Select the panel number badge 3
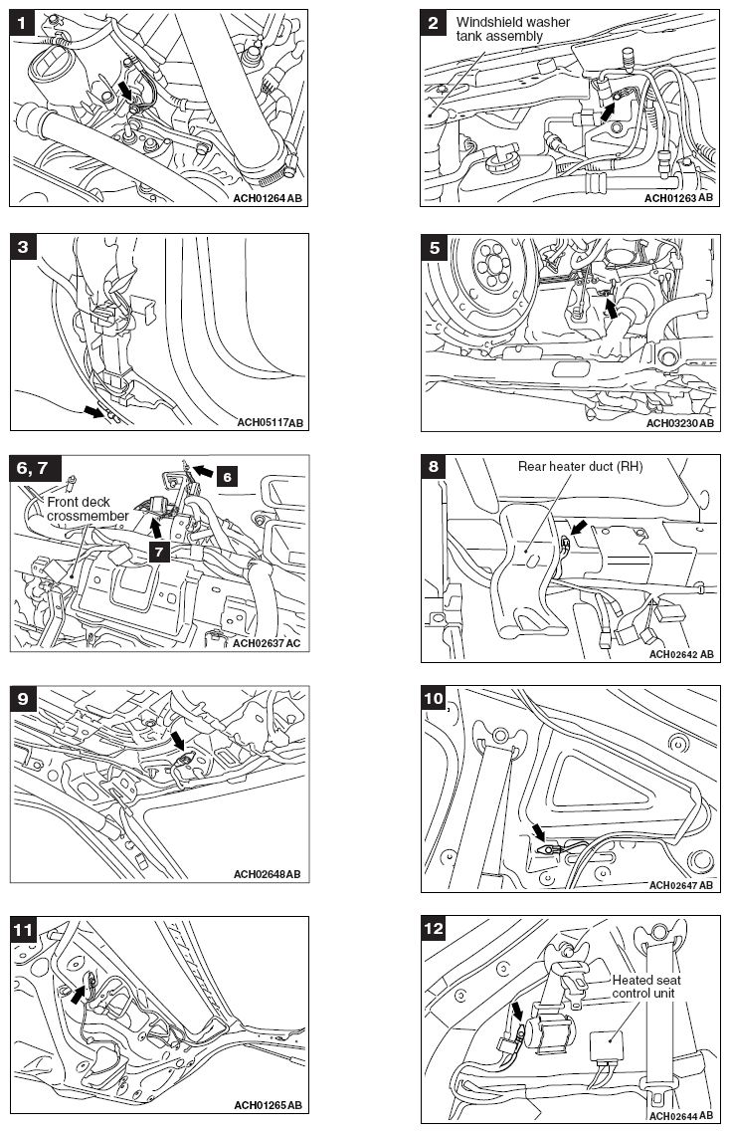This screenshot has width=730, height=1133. point(22,246)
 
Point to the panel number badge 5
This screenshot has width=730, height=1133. point(433,246)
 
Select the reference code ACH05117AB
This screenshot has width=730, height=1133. point(270,423)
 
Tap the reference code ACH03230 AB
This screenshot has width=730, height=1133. point(680,423)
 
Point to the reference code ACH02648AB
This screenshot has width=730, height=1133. point(267,874)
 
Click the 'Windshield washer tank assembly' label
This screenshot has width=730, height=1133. point(499,29)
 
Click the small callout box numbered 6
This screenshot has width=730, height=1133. point(228,478)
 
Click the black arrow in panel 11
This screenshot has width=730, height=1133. point(78,991)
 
